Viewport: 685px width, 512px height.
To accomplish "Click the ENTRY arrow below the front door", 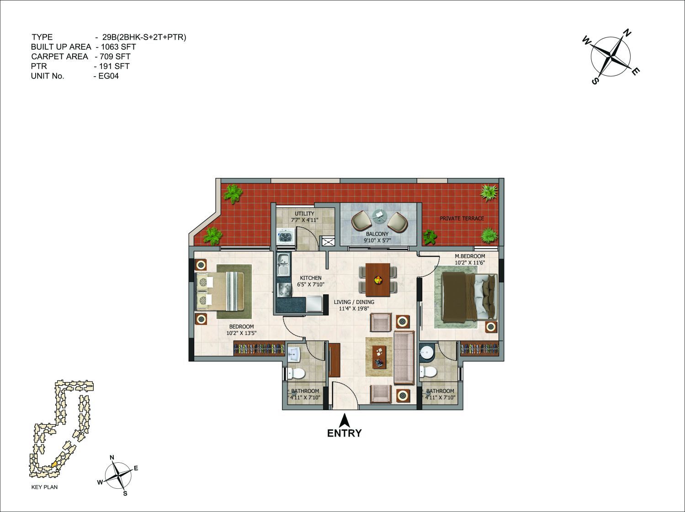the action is tap(344, 420).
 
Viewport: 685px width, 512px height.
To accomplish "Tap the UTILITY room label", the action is tap(304, 214).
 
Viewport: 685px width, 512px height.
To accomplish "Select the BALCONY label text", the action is tap(377, 234).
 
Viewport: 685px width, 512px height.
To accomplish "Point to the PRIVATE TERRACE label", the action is tap(462, 219).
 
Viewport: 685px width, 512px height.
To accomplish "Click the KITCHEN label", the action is tap(311, 278).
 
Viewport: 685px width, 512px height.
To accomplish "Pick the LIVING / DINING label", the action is tap(354, 302).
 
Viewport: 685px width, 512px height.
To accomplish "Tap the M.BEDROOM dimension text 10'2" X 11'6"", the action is tap(470, 262).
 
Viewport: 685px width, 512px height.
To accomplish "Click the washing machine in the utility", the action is tap(286, 236).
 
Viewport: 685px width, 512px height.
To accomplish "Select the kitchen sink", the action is tap(283, 265).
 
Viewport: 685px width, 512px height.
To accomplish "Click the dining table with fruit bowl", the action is tap(377, 280).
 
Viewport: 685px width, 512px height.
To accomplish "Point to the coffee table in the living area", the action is tap(379, 357).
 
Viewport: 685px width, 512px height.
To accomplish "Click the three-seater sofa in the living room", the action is tap(404, 358).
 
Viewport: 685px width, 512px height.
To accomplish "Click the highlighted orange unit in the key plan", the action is tap(54, 465).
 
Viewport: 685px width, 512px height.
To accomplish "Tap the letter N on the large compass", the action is tap(627, 33).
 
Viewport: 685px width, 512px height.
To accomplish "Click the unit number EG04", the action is tap(108, 76).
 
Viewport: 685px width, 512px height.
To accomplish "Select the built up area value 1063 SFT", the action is tap(118, 47).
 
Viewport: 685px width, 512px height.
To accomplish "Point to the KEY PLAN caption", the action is tap(44, 487).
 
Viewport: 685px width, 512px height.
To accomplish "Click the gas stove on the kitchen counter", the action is tap(283, 290).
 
